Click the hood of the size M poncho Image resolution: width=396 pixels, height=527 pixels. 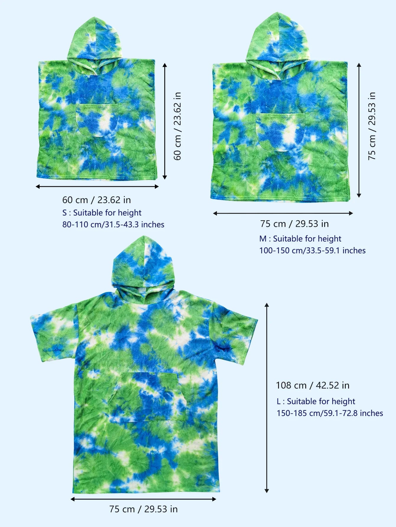[278, 38]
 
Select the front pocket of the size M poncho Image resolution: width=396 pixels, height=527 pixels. [280, 131]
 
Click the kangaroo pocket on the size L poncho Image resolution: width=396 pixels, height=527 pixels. [148, 396]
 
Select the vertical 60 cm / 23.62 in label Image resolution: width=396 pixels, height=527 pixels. [177, 126]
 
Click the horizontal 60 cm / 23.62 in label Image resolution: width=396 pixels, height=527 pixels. [96, 200]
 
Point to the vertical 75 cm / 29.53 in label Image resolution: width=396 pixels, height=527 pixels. [372, 126]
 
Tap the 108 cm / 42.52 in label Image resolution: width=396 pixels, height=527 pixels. [312, 385]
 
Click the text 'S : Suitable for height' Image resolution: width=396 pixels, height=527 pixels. [102, 213]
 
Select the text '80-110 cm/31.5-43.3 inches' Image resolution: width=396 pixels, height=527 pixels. [113, 224]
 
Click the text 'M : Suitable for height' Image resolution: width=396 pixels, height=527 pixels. [300, 239]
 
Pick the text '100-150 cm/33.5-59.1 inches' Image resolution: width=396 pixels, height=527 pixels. [312, 250]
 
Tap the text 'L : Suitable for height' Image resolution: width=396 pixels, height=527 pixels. [316, 401]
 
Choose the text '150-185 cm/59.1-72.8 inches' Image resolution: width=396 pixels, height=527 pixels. [330, 413]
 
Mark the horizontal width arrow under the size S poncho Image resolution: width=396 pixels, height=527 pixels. [97, 186]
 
